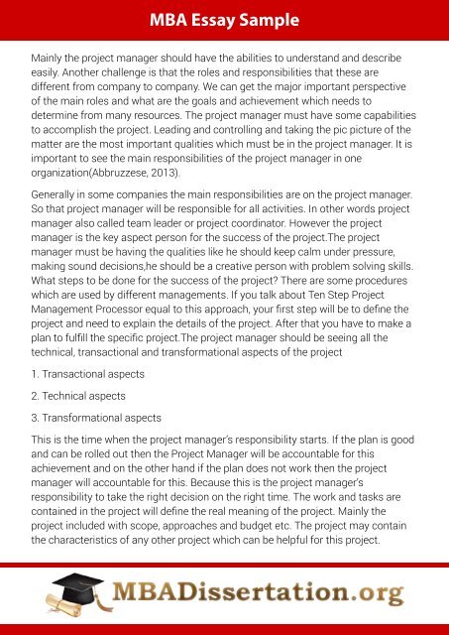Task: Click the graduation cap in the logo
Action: pos(61,582)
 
